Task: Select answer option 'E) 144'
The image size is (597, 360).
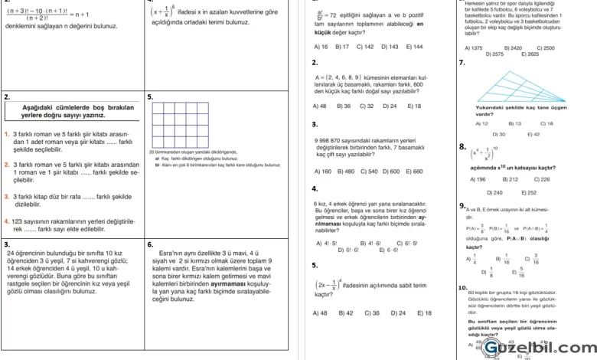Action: point(415,47)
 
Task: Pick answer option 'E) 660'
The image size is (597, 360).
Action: point(413,171)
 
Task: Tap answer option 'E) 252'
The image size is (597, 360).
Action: point(529,192)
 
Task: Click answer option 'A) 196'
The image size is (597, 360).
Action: point(478,179)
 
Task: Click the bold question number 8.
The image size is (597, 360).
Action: point(462,146)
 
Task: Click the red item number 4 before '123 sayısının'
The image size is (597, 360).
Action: point(6,221)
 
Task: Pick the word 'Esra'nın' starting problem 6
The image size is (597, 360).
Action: point(172,252)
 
